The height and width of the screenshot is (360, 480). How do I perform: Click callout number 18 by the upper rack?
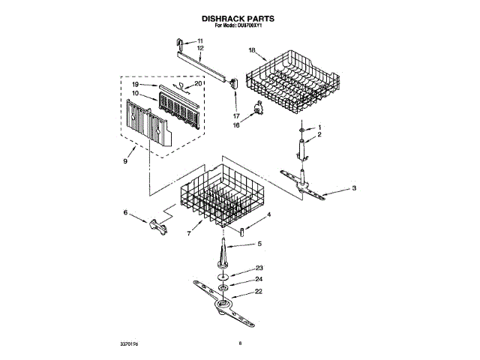coord(252,50)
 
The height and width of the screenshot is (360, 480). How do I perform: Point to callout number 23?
coord(259,268)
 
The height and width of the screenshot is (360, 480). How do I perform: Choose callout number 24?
coord(259,280)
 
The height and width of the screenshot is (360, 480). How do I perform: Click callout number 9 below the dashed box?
coord(125,160)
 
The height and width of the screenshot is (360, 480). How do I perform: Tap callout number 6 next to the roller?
coord(125,212)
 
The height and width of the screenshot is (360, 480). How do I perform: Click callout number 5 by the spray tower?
coord(259,244)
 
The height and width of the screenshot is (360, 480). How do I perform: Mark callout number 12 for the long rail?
coord(200,48)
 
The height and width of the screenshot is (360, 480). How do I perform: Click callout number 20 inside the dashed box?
coord(198,83)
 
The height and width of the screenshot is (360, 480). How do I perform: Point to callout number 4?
coord(268,214)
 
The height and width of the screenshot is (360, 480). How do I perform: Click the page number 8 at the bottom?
coord(240,343)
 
